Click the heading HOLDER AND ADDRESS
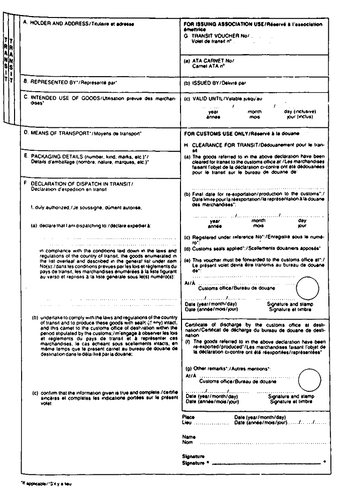point(60,24)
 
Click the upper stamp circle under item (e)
point(307,288)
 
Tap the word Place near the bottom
point(188,416)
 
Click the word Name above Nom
point(189,436)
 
